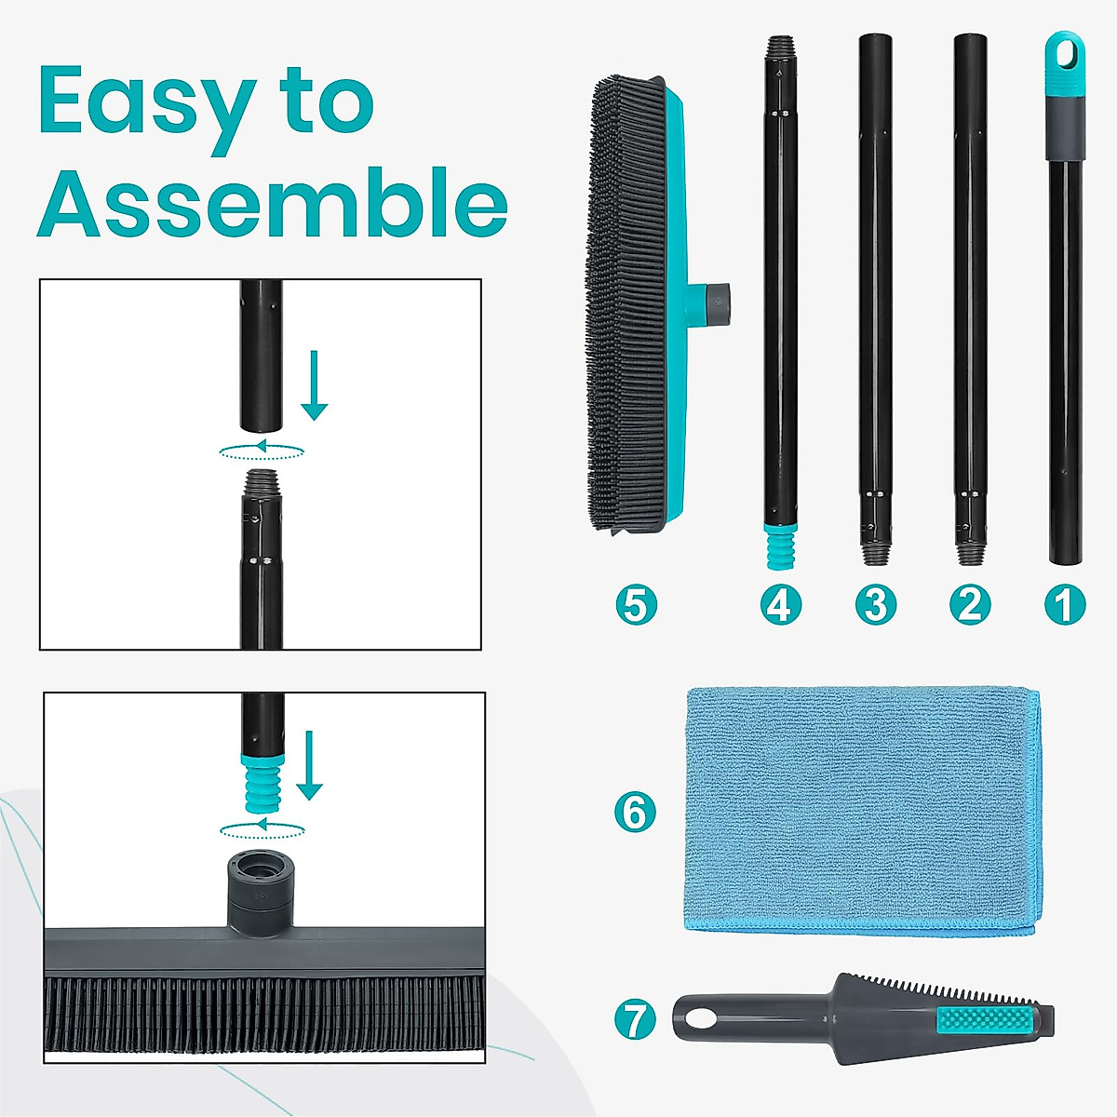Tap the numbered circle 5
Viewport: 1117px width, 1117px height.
tap(636, 605)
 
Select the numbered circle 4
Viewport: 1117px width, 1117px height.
tap(780, 605)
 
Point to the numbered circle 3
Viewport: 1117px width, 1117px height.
tap(875, 605)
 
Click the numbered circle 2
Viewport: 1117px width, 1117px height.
tap(970, 605)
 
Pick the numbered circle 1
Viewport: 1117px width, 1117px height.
tap(1064, 605)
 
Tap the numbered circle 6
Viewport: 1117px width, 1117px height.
tap(636, 813)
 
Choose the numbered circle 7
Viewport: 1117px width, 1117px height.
tap(636, 1020)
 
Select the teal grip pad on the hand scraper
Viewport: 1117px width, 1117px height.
tap(986, 1018)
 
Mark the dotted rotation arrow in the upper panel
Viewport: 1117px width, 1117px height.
tap(262, 451)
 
